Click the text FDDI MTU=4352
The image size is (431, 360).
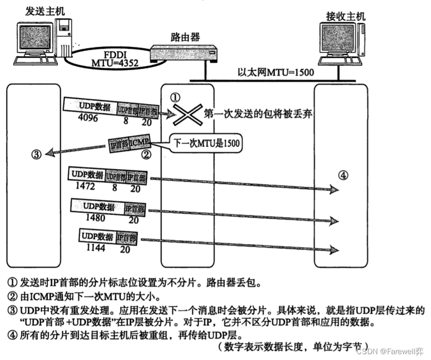(x=115, y=58)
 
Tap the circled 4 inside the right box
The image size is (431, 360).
(x=343, y=175)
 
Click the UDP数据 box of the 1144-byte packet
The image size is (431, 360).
(x=97, y=237)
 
